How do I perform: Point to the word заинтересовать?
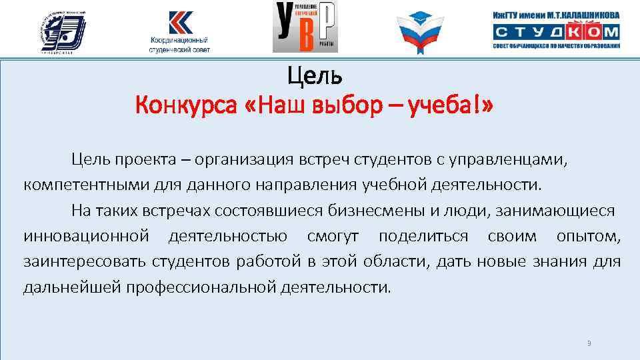click(73, 262)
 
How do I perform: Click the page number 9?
click(589, 343)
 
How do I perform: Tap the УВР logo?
click(305, 27)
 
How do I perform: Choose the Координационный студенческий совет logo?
click(179, 31)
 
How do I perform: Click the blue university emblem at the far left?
click(61, 31)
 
